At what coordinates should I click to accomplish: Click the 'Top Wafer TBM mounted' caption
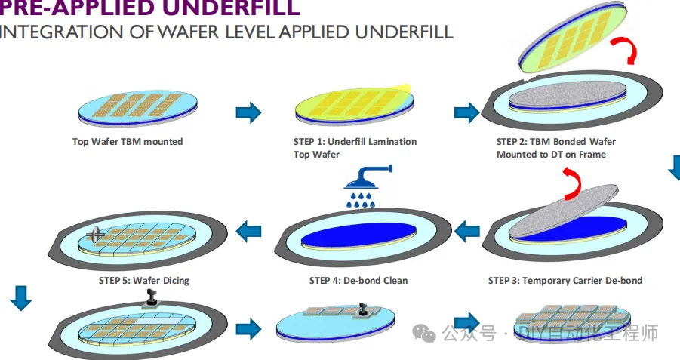[128, 141]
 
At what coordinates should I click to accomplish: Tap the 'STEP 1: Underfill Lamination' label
[355, 141]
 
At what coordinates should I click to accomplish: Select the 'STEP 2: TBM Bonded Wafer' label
[555, 141]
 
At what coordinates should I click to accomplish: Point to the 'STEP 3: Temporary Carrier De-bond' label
[565, 281]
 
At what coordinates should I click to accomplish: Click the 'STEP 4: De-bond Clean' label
[358, 281]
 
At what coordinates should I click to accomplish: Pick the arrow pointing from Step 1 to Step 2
[466, 112]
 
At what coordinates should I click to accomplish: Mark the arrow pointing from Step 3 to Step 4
[468, 226]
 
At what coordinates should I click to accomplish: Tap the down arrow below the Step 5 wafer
[21, 298]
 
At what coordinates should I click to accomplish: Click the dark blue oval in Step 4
[358, 234]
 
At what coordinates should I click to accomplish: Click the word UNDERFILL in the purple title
[227, 8]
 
